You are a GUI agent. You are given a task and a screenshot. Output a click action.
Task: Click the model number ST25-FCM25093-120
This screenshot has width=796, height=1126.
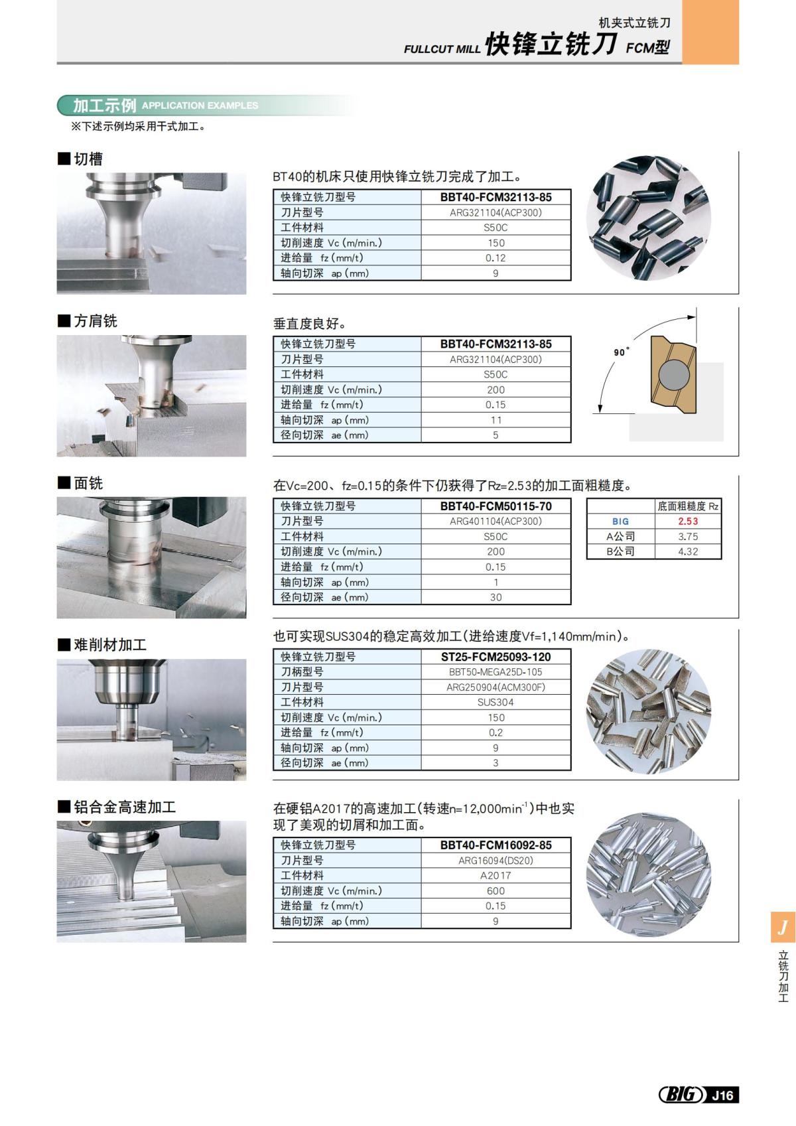click(x=496, y=657)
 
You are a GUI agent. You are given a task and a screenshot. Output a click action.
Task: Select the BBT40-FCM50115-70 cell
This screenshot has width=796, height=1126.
click(x=496, y=506)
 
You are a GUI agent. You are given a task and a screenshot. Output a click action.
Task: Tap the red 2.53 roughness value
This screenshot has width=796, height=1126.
click(x=688, y=522)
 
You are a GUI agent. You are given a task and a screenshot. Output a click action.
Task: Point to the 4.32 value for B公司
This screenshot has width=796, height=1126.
click(x=688, y=551)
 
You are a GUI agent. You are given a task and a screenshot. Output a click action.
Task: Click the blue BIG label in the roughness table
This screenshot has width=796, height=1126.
click(x=620, y=522)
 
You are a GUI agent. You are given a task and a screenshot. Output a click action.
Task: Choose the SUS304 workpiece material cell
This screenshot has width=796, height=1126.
click(x=496, y=702)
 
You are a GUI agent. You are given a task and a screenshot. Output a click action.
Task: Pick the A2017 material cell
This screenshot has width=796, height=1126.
click(x=496, y=875)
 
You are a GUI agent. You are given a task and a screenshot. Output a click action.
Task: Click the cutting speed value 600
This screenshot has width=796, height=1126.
click(x=496, y=890)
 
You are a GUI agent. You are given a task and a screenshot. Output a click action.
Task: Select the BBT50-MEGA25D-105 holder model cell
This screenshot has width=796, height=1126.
click(x=496, y=672)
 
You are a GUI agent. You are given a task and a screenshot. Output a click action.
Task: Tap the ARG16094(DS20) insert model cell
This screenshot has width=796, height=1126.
click(x=496, y=861)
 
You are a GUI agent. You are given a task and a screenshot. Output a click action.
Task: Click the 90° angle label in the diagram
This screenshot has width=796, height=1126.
click(x=621, y=352)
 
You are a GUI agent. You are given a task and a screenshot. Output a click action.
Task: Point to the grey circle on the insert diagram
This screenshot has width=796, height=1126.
click(x=672, y=375)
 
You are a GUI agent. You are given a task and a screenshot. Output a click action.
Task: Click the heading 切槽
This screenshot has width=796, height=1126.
click(x=88, y=159)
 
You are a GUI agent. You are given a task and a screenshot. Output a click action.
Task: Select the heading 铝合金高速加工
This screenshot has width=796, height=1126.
click(x=125, y=808)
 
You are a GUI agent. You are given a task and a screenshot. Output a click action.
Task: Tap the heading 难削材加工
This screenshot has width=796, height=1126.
click(x=110, y=645)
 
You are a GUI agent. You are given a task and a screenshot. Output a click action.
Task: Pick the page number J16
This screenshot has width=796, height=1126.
click(x=722, y=1095)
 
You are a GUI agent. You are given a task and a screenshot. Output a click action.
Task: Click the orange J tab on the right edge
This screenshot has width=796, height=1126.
click(x=783, y=927)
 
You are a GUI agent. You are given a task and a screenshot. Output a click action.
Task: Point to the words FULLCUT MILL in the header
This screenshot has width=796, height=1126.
click(x=442, y=49)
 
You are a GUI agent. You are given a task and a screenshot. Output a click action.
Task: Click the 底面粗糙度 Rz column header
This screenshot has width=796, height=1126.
click(x=688, y=506)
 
